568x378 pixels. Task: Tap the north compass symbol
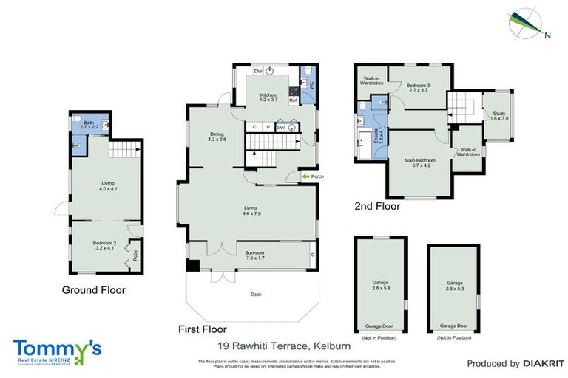click(x=526, y=23)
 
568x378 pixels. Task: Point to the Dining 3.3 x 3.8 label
click(x=217, y=136)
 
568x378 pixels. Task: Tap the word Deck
click(x=256, y=295)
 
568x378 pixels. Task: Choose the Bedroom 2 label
click(x=104, y=245)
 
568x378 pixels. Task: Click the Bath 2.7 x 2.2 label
click(x=89, y=126)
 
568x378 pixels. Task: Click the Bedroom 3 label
click(x=418, y=88)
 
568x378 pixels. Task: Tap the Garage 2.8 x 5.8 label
click(x=379, y=285)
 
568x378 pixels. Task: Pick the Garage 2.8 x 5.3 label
click(x=454, y=285)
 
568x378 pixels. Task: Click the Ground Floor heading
click(x=93, y=290)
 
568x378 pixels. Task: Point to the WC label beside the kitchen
click(x=311, y=84)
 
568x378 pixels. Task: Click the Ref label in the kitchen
click(x=293, y=99)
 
